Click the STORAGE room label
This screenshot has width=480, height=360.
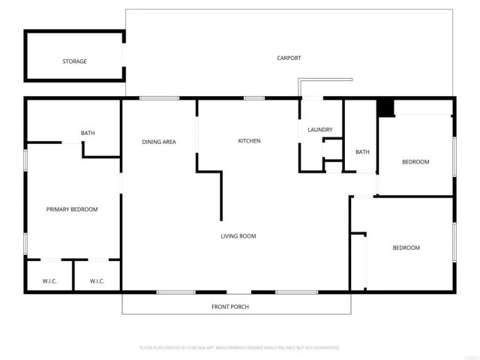[74, 61]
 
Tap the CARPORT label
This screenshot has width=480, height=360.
[289, 58]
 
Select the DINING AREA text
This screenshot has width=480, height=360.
[159, 141]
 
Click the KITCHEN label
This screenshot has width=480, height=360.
[249, 141]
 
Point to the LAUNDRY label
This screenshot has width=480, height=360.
[319, 130]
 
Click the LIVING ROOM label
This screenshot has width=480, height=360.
[238, 236]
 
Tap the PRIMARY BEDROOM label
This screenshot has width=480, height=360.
[72, 209]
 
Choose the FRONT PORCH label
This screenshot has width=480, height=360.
[230, 307]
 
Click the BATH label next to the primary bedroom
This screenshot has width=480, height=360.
[88, 133]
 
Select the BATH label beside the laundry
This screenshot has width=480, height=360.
[362, 151]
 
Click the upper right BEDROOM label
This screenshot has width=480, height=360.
[415, 162]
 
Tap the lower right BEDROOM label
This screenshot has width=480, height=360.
[406, 247]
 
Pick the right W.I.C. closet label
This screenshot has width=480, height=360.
[97, 281]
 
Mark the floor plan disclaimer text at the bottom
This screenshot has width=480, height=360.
[240, 348]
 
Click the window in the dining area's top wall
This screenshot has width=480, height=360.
[159, 97]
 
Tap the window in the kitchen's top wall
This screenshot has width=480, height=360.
[253, 97]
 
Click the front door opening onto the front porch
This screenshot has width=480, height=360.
[238, 292]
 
